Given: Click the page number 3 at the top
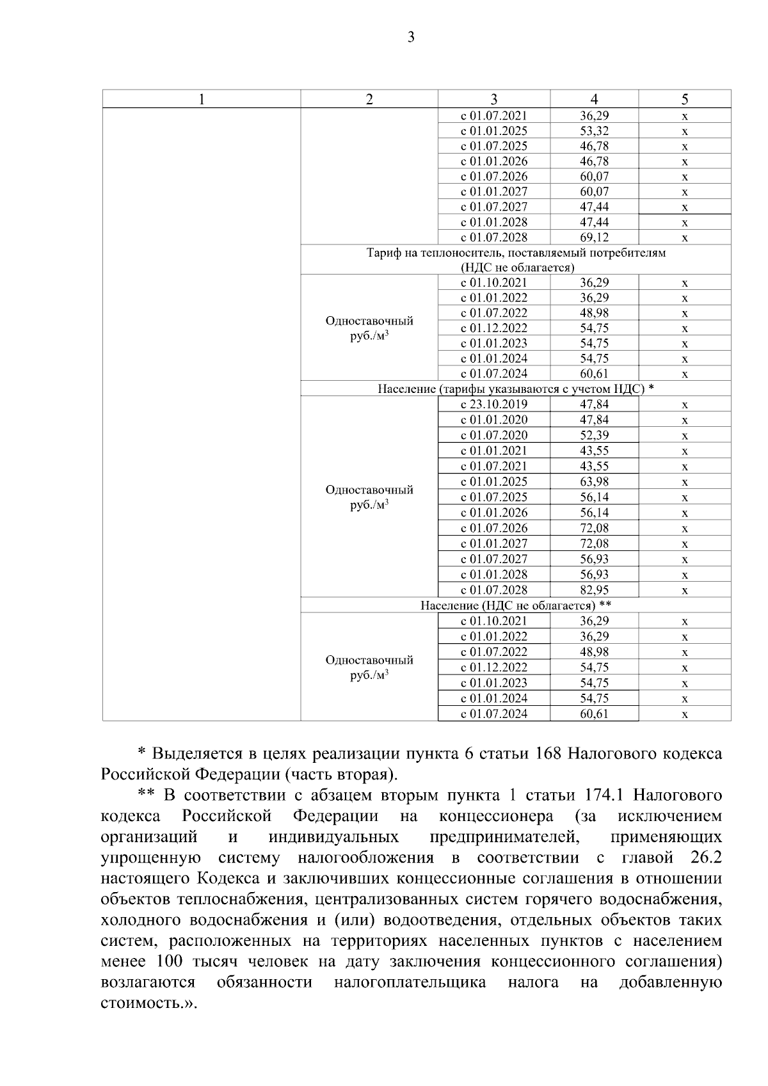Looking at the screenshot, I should click(x=411, y=37).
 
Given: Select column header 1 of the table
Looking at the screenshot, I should click(x=202, y=99).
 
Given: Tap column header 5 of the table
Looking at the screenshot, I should click(x=685, y=99).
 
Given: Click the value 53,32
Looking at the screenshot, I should click(x=594, y=131).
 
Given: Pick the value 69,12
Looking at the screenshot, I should click(x=594, y=237).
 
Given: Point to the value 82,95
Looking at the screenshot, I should click(x=594, y=590).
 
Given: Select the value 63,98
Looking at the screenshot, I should click(x=594, y=482).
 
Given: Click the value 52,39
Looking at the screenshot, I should click(x=594, y=435).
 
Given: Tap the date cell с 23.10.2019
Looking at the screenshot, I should click(x=494, y=404).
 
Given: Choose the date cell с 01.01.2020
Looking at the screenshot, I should click(x=494, y=420).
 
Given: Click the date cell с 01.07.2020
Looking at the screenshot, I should click(x=494, y=435).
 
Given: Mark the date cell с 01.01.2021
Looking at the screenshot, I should click(x=494, y=451).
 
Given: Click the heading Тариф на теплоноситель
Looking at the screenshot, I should click(x=516, y=253).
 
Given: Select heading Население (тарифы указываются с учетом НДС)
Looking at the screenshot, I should click(x=515, y=389).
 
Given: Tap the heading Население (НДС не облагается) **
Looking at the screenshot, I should click(x=516, y=605).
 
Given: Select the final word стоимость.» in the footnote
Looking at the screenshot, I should click(x=149, y=1003).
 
